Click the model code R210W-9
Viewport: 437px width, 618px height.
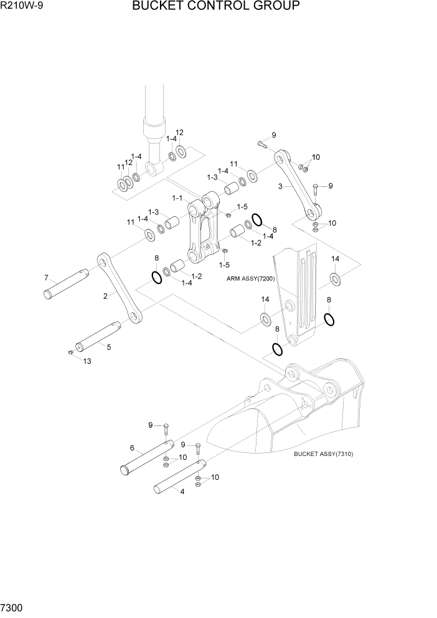click(23, 7)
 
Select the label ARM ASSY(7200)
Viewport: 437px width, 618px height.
click(251, 280)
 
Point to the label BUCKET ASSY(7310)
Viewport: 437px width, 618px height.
click(323, 454)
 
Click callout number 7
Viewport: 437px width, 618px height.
click(45, 277)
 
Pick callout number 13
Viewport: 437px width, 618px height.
click(87, 361)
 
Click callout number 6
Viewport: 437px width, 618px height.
click(132, 447)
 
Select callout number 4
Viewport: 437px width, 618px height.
click(182, 492)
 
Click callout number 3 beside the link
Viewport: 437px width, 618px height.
click(281, 186)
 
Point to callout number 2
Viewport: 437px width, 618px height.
click(105, 296)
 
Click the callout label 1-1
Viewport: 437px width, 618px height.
click(177, 198)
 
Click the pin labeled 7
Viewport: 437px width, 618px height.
click(65, 283)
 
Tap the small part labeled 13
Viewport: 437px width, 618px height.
click(70, 353)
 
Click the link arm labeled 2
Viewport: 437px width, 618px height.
click(118, 288)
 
